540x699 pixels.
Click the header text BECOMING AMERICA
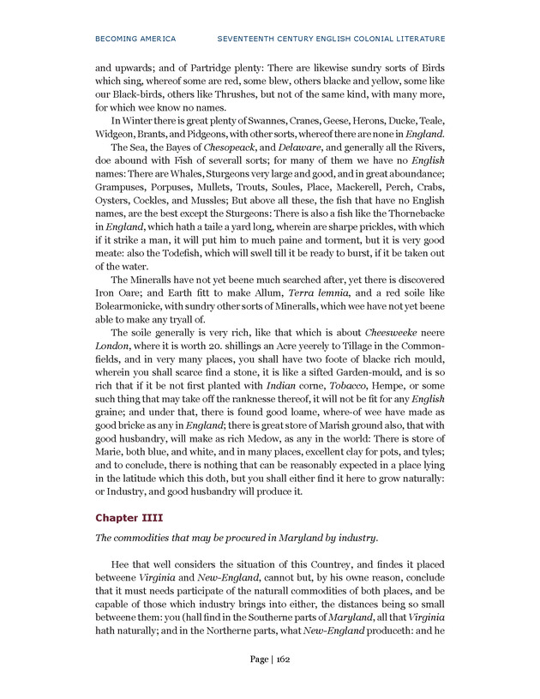click(135, 39)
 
